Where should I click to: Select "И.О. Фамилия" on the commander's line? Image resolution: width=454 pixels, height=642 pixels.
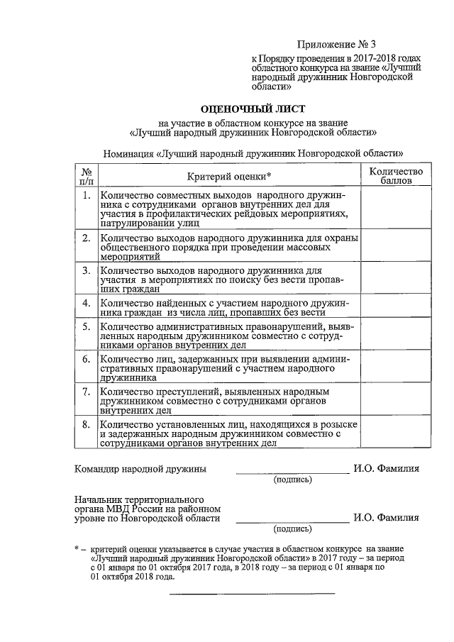click(387, 469)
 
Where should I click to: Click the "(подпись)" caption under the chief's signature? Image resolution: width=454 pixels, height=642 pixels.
click(292, 528)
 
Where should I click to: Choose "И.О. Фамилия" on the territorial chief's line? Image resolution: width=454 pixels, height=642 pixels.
click(387, 518)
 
